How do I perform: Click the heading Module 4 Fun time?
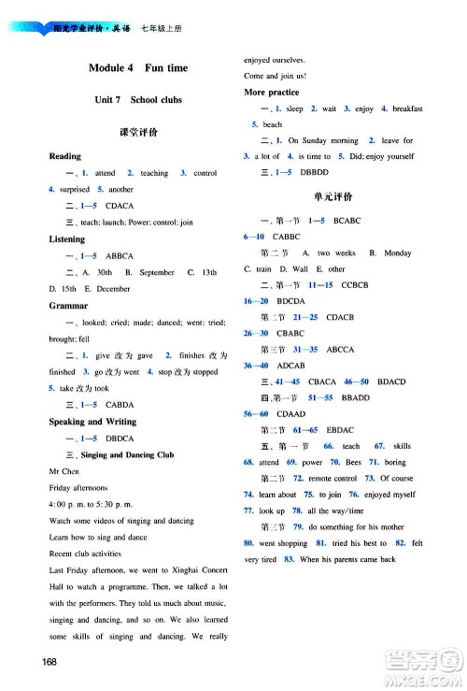(137, 68)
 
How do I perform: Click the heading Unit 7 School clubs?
(137, 100)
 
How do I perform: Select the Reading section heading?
(64, 156)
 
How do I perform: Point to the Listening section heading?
(66, 239)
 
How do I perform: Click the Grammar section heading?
(66, 306)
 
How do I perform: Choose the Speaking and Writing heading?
(92, 422)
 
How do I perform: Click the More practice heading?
(271, 93)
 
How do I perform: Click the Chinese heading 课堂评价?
(137, 133)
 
